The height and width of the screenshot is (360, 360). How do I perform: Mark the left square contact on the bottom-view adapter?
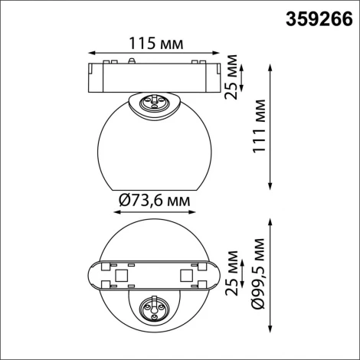pyautogui.click(x=119, y=273)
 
